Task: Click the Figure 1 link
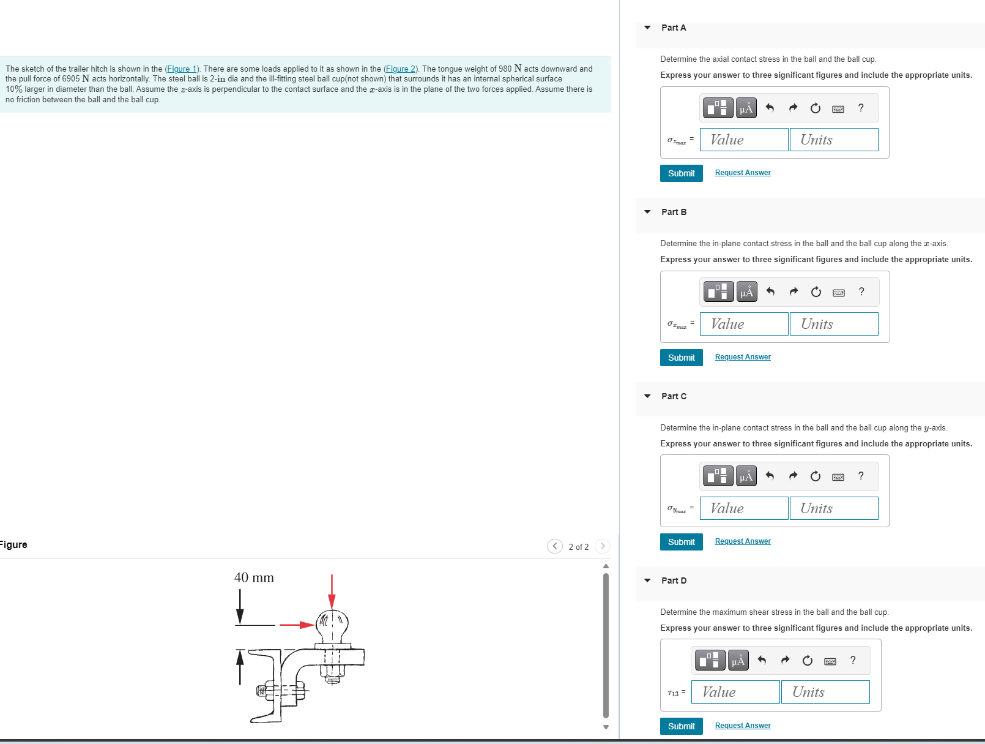click(182, 69)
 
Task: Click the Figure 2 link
click(400, 69)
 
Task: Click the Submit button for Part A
click(681, 173)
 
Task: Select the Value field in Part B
click(744, 324)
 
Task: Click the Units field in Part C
click(833, 508)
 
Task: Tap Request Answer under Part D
click(743, 726)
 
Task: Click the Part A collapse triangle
click(647, 28)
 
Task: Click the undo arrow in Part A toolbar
click(770, 108)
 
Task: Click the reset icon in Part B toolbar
click(816, 292)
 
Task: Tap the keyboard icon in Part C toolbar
click(838, 476)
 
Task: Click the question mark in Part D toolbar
click(853, 660)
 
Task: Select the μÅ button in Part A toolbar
click(746, 108)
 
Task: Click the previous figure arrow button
click(554, 546)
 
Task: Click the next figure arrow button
click(603, 546)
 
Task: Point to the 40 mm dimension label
click(254, 577)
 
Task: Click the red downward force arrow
click(332, 591)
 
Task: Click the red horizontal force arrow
click(297, 625)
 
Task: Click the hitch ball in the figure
click(332, 625)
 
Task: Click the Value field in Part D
click(735, 692)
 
